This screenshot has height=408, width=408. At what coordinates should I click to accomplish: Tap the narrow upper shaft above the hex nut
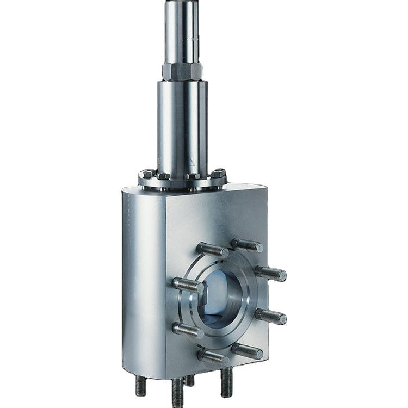pos(182,30)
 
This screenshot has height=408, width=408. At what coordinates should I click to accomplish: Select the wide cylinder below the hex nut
pos(182,125)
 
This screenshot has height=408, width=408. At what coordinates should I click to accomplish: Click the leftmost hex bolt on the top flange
pos(146,175)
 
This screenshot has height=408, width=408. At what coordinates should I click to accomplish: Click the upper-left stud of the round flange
pos(213,250)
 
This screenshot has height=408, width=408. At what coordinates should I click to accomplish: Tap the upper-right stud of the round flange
pos(247,245)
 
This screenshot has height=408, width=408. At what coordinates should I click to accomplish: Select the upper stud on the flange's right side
pos(270,273)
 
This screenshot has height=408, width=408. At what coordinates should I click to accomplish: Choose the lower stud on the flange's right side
pos(270,316)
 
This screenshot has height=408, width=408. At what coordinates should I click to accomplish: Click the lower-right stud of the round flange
pos(247,350)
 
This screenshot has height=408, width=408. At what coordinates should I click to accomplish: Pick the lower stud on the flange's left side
pos(188,330)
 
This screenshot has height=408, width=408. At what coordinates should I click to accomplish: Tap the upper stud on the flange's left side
pos(188,285)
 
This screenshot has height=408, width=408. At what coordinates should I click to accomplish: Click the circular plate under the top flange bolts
pos(182,183)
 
